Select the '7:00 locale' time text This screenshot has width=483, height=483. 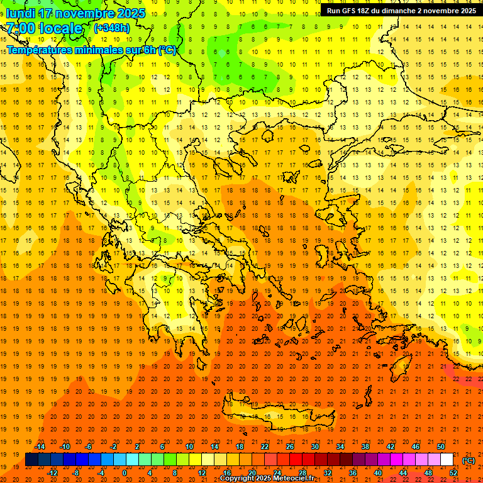tap(44, 28)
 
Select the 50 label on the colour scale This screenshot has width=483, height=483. tap(441, 447)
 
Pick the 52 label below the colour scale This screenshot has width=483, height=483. tap(453, 473)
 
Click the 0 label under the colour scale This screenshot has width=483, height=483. tap(124, 473)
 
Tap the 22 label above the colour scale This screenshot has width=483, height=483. tap(265, 447)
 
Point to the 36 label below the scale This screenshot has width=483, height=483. tap(353, 473)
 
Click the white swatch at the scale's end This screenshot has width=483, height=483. tap(447, 460)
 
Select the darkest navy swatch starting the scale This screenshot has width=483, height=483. tap(31, 460)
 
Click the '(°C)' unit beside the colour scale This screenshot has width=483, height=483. tap(468, 460)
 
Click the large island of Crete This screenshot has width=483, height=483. tap(277, 415)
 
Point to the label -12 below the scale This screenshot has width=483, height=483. tap(52, 473)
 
